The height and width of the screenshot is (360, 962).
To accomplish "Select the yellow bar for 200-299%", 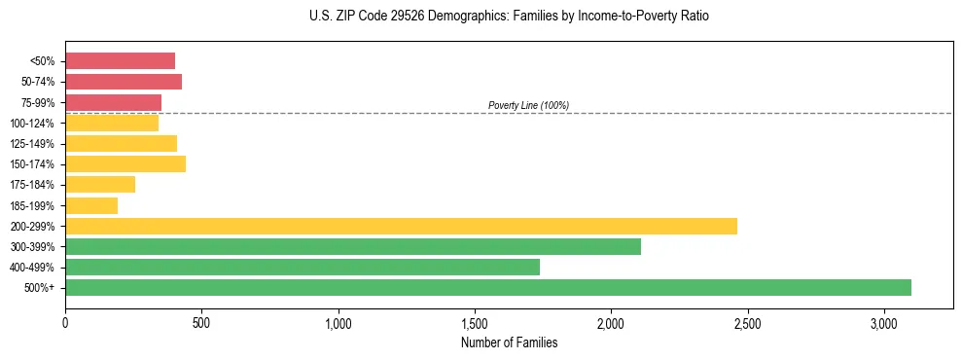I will (x=401, y=226).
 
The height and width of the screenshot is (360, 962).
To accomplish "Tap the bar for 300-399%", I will (x=353, y=246).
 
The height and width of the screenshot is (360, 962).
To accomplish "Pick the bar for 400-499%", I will (x=303, y=267).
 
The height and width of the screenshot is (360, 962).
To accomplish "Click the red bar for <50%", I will (x=121, y=61).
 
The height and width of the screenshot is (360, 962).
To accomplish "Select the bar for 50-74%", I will (x=124, y=82).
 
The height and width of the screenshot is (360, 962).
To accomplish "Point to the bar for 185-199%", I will (x=91, y=205).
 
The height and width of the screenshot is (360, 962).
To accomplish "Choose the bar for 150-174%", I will (x=125, y=164).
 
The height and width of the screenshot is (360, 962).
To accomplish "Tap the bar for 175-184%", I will (x=100, y=185).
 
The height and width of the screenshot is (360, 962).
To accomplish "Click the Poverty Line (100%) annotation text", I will (x=528, y=105).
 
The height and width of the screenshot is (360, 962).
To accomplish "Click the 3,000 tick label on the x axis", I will (x=883, y=322).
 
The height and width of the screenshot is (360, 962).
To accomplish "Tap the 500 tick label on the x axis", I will (x=201, y=322).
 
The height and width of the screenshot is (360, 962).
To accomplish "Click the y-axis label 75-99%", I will (x=38, y=103).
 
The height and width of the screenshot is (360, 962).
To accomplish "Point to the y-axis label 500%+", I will (x=40, y=288).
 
